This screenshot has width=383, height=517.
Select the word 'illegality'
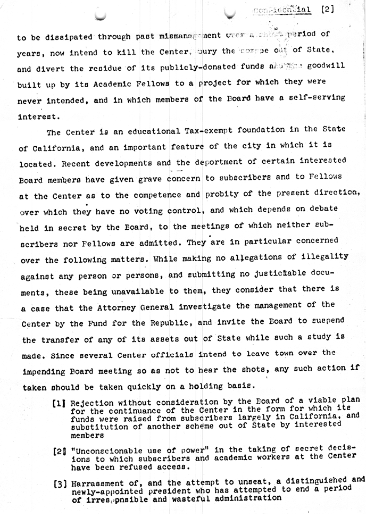pos(324,257)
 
